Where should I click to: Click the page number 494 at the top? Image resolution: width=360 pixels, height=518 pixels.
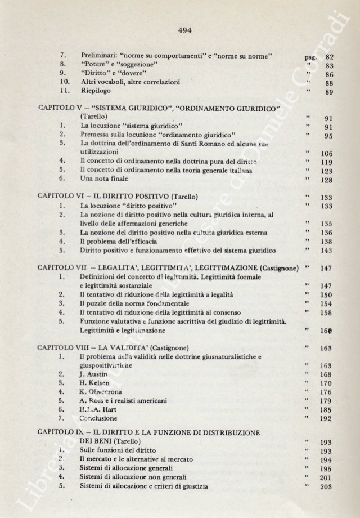coord(184,31)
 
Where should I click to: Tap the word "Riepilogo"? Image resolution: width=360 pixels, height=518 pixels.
coord(97,92)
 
